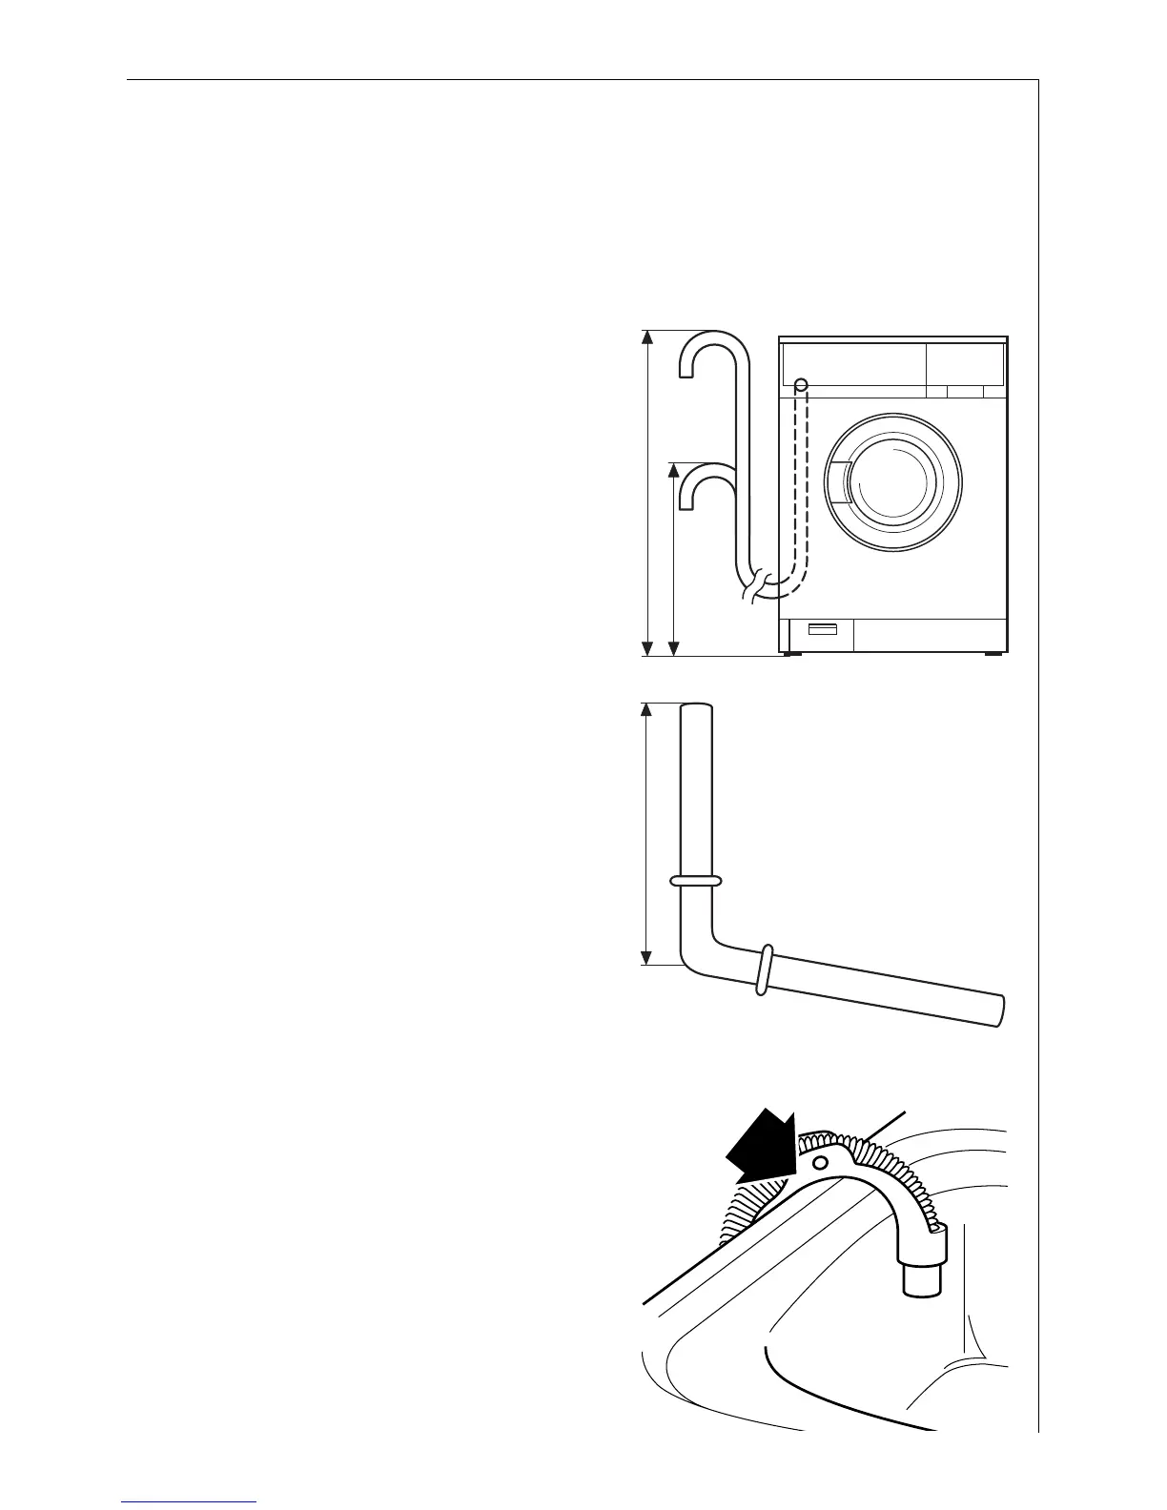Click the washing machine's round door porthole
coord(894,481)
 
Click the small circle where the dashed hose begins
coord(802,384)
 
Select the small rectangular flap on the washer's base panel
coord(823,630)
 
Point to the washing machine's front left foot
coord(788,655)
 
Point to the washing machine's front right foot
coord(993,655)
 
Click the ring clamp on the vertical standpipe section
coord(696,880)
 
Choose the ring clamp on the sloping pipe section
coord(762,969)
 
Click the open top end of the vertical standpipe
coord(697,707)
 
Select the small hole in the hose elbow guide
coord(819,1163)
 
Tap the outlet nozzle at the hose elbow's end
coord(922,1275)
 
